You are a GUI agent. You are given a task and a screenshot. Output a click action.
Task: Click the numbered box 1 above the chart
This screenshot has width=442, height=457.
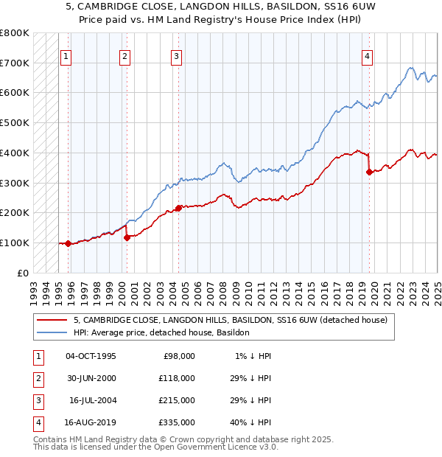point(66,55)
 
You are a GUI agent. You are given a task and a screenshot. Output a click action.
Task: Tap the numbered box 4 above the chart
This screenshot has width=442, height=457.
point(367,55)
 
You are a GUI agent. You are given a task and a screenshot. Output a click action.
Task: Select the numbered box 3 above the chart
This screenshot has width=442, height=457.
point(177,55)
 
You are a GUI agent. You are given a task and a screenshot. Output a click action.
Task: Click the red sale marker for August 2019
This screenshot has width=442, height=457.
point(369,172)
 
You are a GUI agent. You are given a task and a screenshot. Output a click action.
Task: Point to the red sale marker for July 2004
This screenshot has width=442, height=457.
point(178,208)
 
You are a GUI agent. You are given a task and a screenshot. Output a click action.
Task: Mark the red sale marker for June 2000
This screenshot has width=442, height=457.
point(127,237)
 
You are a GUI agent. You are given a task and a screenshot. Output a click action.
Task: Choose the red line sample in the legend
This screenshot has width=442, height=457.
point(52,320)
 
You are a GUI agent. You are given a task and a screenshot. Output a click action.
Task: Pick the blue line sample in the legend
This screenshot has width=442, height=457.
point(52,332)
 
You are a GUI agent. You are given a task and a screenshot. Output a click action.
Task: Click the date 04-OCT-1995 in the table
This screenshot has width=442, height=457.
point(91,356)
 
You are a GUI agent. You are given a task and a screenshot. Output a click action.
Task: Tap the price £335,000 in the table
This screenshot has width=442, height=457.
point(177,422)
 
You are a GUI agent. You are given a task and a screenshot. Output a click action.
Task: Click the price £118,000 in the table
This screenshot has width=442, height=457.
point(177,378)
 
